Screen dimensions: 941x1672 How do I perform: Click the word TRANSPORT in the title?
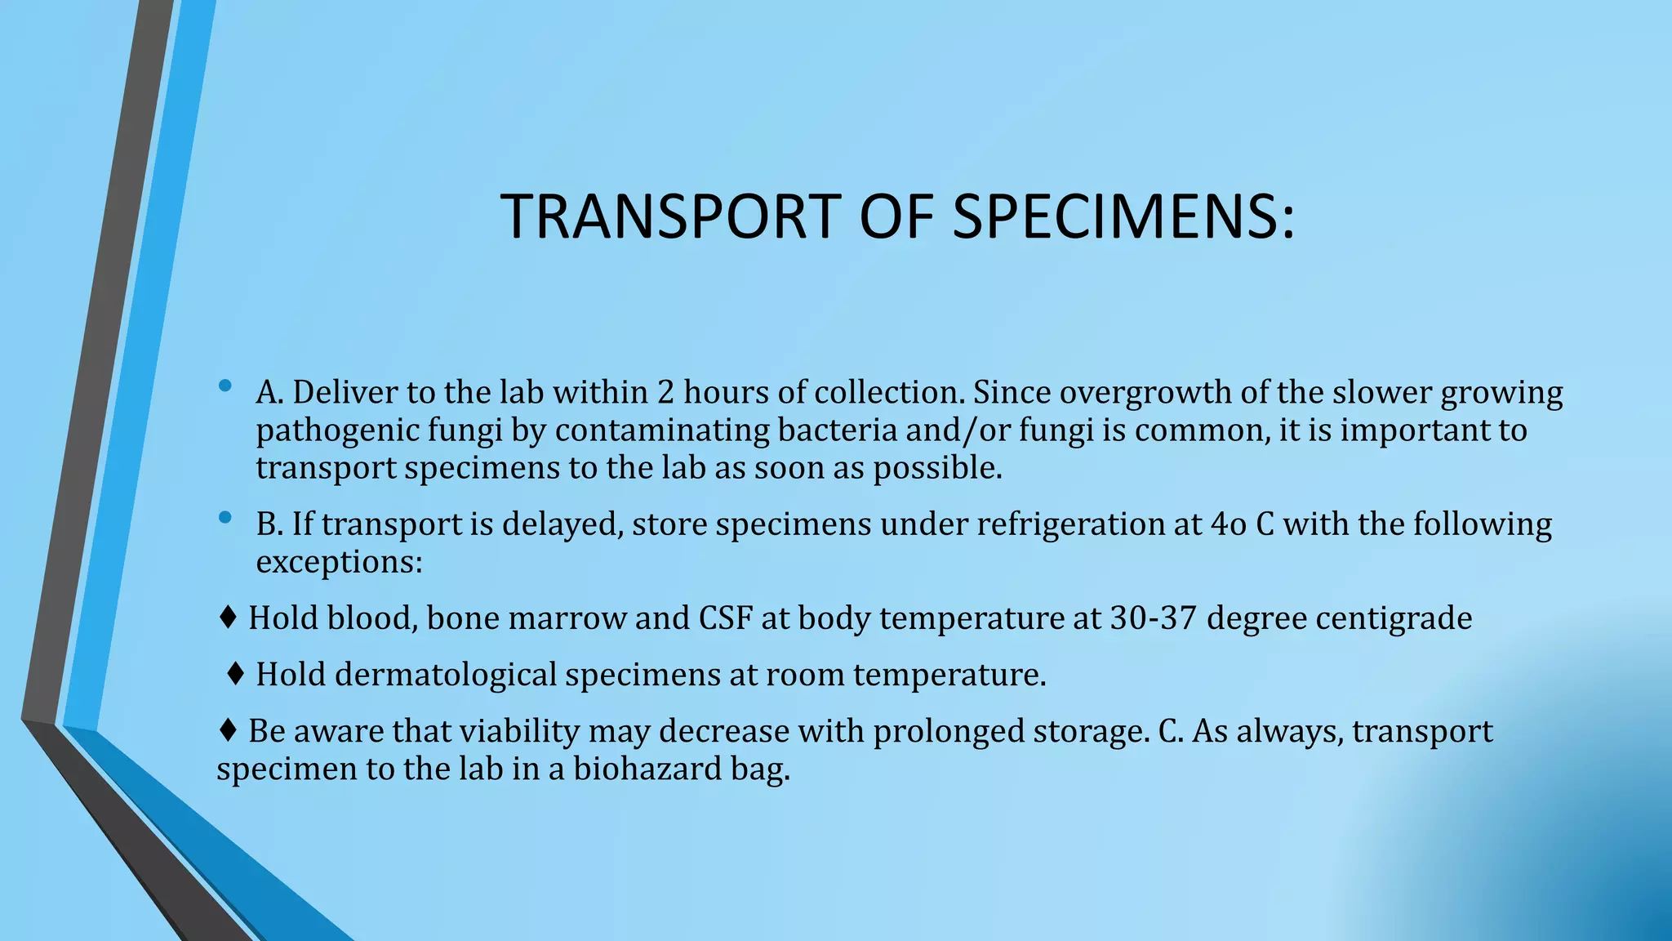tap(670, 216)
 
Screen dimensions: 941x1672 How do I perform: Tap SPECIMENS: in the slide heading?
tap(1123, 216)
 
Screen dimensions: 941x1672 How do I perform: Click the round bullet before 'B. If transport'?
tap(226, 517)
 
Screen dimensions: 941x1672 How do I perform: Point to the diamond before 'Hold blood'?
tap(229, 618)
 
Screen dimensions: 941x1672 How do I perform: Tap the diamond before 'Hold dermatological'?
tap(236, 674)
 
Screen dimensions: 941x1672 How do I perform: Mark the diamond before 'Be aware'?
tap(229, 730)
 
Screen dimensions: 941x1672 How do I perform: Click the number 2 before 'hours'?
tap(665, 393)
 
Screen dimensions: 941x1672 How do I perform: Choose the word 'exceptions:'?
tap(339, 562)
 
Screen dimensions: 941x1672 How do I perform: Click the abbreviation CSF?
tap(725, 618)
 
